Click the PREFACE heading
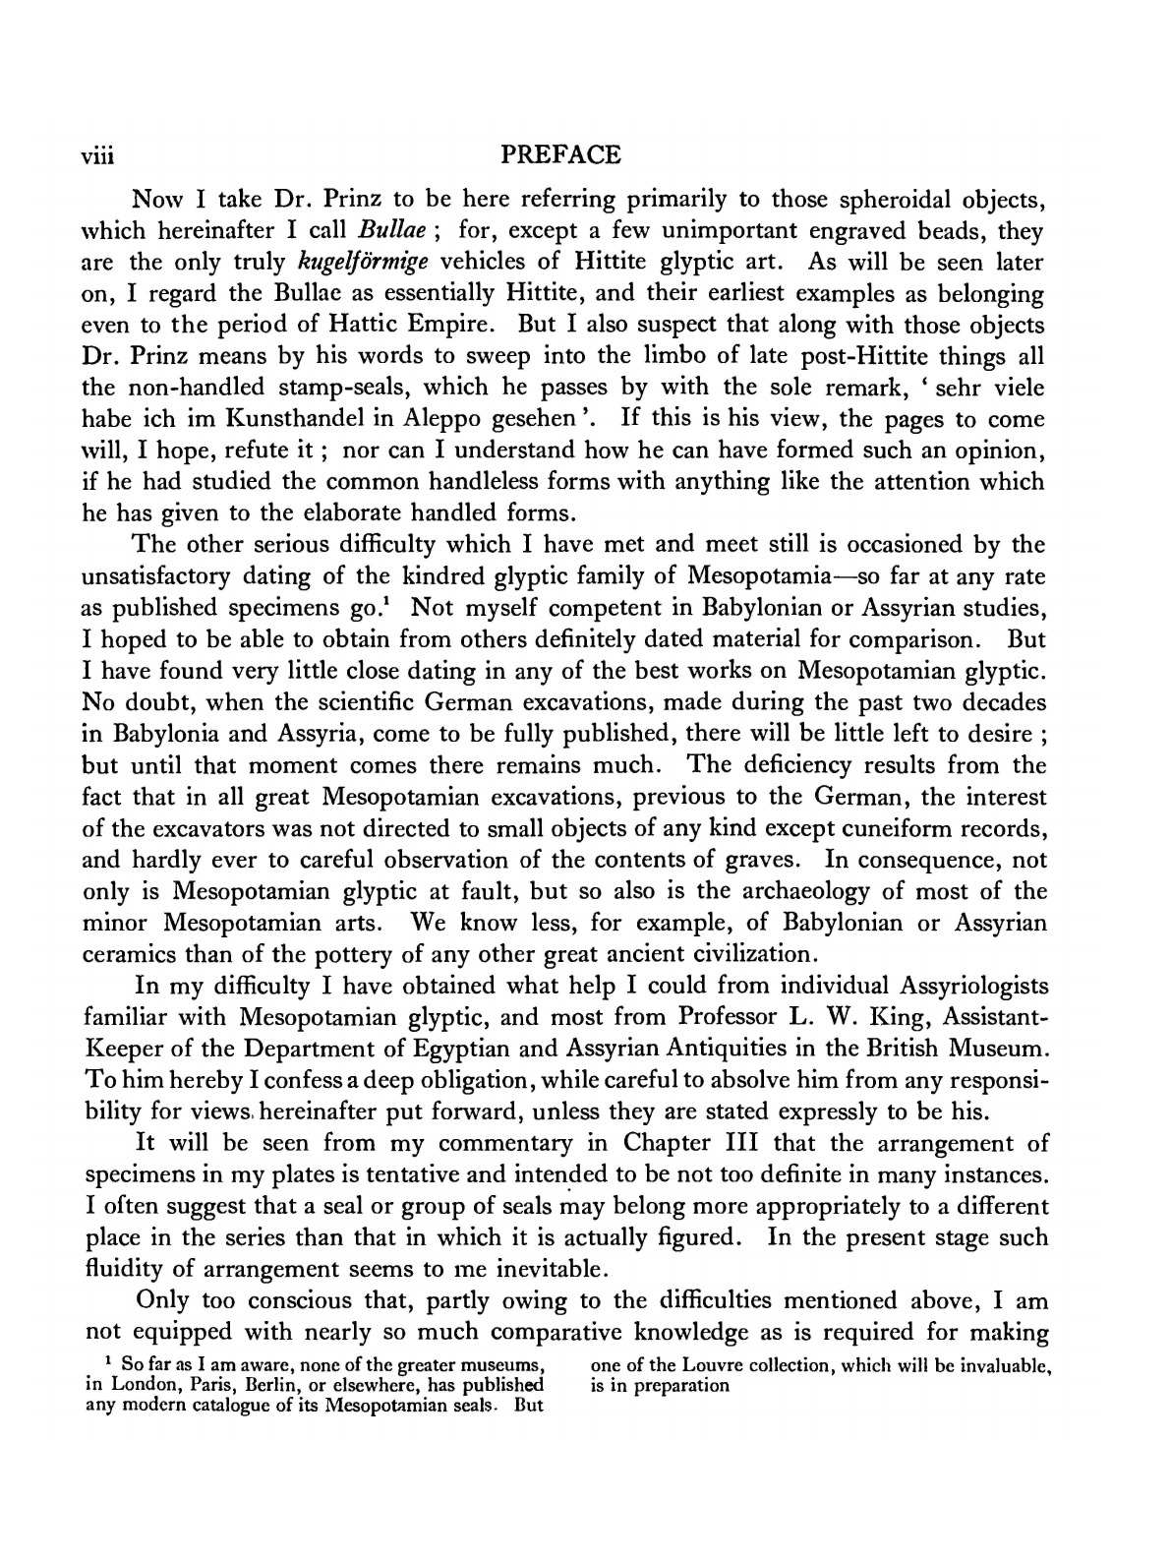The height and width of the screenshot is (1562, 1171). click(560, 155)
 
